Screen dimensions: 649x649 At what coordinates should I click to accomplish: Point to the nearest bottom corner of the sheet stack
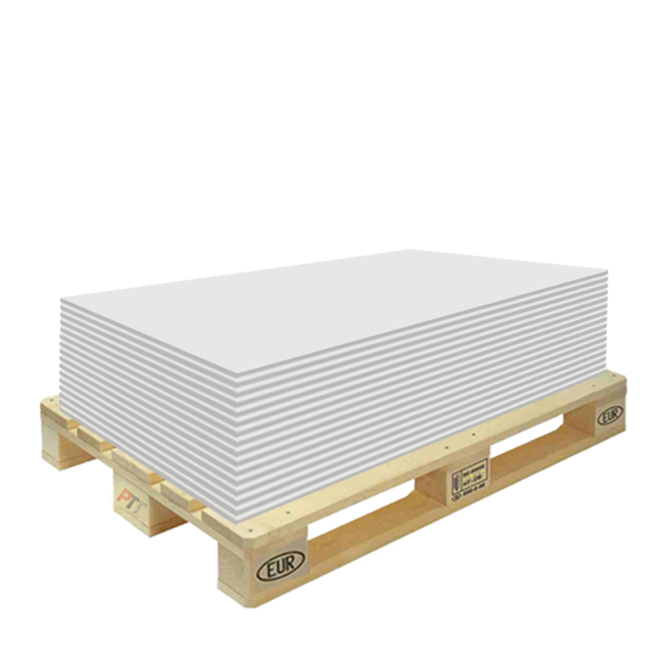point(243,520)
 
